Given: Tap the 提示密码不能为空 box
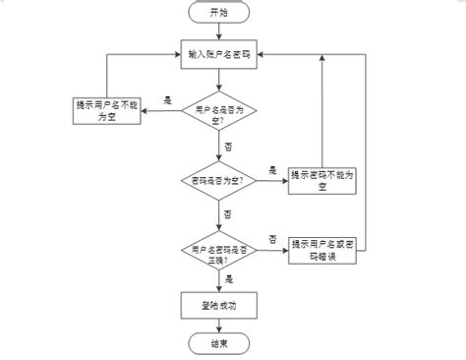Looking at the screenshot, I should (321, 180).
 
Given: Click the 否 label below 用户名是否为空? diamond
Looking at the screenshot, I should (230, 145).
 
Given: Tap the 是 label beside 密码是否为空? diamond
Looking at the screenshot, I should (272, 170).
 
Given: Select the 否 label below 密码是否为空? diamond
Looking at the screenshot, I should (229, 212).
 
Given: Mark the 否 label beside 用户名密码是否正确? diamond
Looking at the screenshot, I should (272, 239).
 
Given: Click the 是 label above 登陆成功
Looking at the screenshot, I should (229, 279).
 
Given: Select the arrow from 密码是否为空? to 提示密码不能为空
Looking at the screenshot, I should (272, 181).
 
